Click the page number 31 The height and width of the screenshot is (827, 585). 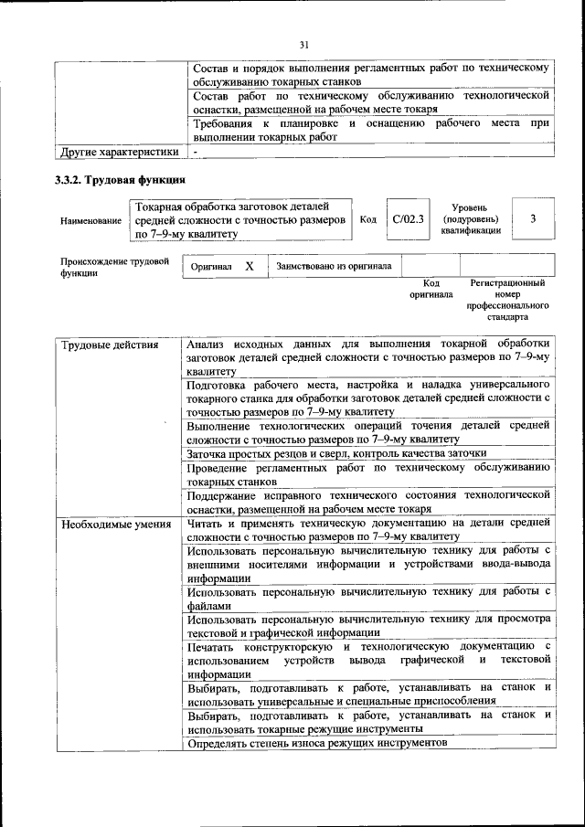[x=305, y=44]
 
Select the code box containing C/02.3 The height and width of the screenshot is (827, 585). [x=408, y=219]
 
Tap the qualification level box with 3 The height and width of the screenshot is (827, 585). [x=532, y=219]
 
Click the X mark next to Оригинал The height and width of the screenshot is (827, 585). [x=249, y=266]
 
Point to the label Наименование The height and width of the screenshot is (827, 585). [x=90, y=221]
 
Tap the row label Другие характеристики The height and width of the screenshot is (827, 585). [x=119, y=151]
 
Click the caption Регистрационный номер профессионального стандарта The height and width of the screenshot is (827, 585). [x=507, y=301]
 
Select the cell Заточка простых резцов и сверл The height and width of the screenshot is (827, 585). [x=336, y=452]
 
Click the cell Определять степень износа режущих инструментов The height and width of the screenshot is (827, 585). [x=317, y=744]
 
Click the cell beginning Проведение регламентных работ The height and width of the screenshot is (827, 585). [x=367, y=473]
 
